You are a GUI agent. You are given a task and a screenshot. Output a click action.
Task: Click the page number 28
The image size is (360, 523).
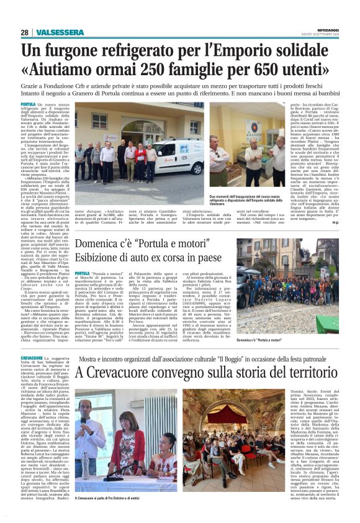click(24, 32)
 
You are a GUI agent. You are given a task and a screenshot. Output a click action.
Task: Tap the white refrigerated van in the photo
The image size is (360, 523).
click(177, 158)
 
